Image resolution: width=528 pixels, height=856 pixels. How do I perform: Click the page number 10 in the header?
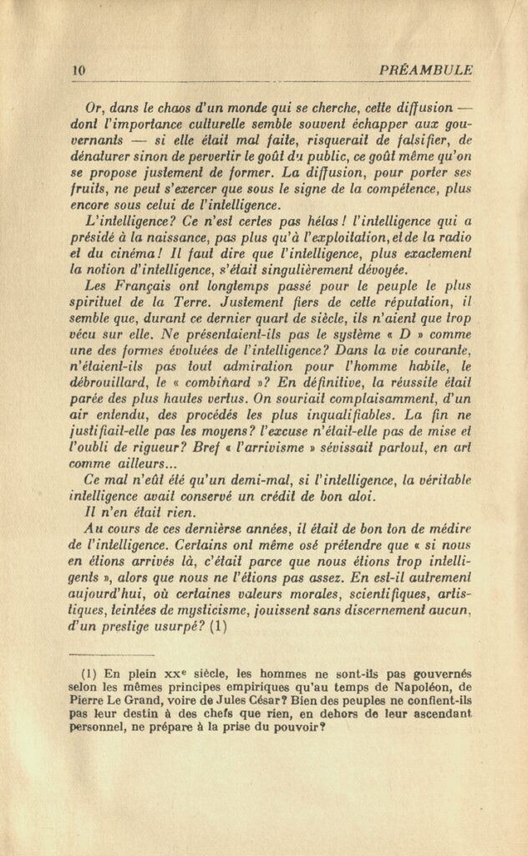[x=79, y=71]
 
